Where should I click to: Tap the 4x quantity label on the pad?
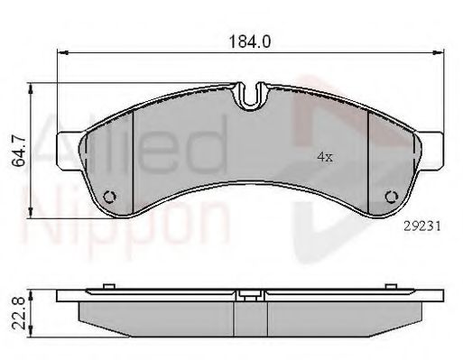click(325, 157)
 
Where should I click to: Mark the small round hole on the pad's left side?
click(111, 198)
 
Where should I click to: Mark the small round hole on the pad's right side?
click(391, 198)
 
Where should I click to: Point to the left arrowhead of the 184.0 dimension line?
click(60, 54)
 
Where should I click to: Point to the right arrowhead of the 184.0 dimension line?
click(440, 54)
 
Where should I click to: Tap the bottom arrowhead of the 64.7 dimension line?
click(34, 215)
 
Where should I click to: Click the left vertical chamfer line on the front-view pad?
click(133, 158)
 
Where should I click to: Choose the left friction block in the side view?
click(162, 315)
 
